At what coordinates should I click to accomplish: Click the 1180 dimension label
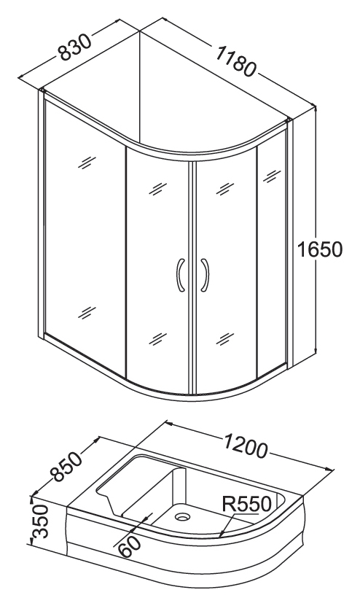[235, 61]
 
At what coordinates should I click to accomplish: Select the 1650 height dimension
[319, 249]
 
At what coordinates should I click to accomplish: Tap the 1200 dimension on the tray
[246, 446]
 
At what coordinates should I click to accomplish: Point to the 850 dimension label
[67, 467]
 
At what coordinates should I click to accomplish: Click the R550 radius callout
[247, 504]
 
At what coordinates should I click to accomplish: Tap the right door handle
[205, 274]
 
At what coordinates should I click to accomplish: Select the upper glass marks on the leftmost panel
[87, 162]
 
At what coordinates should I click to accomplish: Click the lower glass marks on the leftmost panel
[87, 312]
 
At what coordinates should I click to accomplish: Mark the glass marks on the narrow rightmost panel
[273, 176]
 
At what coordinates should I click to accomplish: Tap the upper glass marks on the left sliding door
[157, 189]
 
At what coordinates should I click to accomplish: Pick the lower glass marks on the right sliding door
[224, 339]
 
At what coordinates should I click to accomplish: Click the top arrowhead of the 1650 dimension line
[316, 109]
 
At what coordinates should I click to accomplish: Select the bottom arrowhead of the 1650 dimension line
[316, 349]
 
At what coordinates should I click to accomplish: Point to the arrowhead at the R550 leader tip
[222, 535]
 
